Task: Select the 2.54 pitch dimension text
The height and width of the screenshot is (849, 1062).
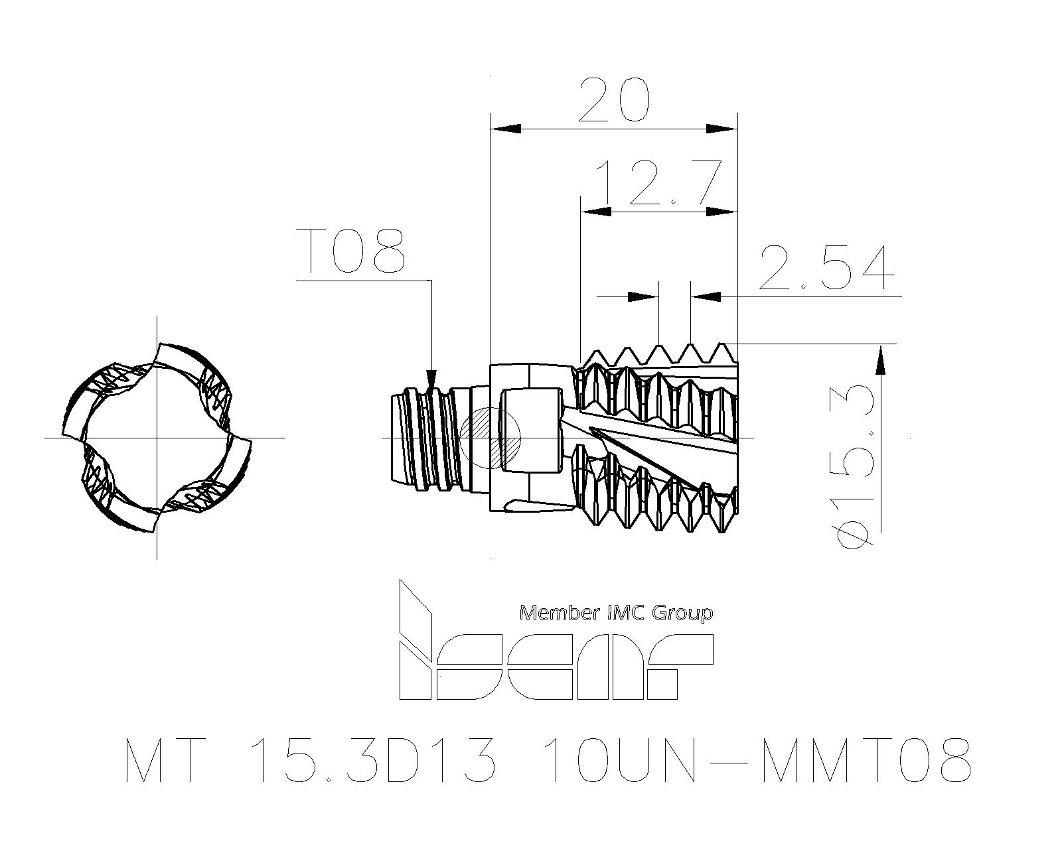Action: coord(826,268)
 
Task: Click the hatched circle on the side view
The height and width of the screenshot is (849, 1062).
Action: coord(490,438)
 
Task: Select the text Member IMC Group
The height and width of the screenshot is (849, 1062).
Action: coord(616,613)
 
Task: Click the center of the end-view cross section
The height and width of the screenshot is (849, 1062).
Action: coord(157,438)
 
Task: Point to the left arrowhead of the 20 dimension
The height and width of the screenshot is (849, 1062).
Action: coord(504,129)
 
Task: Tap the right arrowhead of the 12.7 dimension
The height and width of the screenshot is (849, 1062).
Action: coord(723,212)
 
